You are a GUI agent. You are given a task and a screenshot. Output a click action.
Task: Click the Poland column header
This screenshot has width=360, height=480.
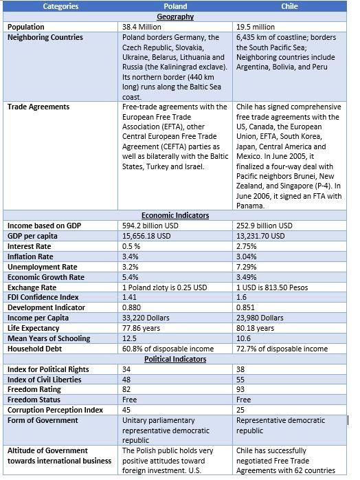point(175,6)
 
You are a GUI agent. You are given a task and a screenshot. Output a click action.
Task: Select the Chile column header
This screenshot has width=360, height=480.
point(289,6)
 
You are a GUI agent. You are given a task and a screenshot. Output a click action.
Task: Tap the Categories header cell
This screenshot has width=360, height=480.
point(60,6)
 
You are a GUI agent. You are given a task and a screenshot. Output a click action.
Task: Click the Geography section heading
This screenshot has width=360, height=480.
point(175,17)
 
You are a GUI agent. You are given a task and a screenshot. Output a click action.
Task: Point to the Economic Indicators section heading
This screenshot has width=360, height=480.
point(175,215)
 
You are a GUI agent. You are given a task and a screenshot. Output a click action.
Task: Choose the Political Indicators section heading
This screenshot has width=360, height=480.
point(175,359)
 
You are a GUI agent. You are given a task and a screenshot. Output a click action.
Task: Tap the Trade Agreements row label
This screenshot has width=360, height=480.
point(38,107)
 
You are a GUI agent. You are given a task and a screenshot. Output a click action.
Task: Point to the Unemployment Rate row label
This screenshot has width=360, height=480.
point(41,266)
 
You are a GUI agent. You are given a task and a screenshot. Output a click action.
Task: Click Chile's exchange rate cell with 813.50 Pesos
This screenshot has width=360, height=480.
point(273,287)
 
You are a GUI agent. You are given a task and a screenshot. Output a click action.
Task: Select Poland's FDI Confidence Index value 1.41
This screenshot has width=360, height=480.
point(130,297)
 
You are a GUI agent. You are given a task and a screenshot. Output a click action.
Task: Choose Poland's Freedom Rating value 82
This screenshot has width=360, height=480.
point(126,389)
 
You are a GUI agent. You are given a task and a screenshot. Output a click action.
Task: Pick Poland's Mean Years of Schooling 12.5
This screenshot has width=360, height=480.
point(130,338)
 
